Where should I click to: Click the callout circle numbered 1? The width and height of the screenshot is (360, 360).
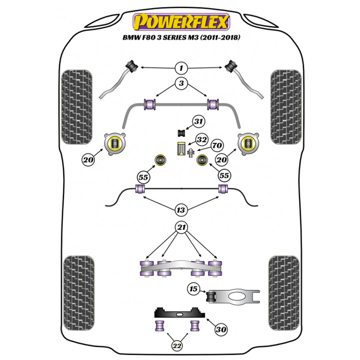181,69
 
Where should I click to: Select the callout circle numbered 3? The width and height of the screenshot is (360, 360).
181,83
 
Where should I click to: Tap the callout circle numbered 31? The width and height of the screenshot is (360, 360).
199,122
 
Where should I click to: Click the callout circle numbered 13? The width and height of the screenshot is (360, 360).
181,210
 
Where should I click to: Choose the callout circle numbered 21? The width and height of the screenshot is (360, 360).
181,228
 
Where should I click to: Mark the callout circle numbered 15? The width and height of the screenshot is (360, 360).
193,288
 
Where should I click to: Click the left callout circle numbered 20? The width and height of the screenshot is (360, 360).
88,160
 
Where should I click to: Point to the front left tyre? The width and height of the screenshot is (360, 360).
77,107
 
